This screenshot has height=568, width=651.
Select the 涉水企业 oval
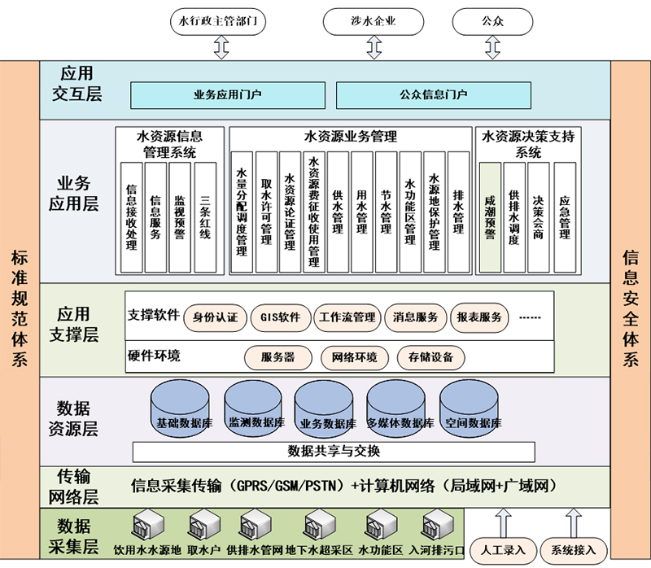(x=374, y=21)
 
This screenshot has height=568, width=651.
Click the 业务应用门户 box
(x=228, y=94)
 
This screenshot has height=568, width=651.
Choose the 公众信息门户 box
(x=434, y=94)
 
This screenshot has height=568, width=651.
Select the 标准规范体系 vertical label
(x=20, y=309)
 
